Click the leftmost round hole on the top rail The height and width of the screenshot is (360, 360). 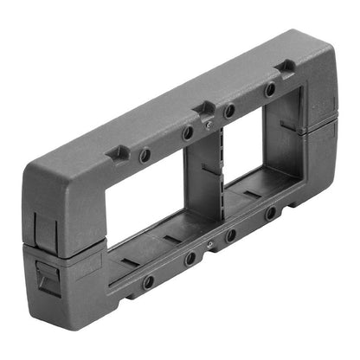pyautogui.click(x=145, y=156)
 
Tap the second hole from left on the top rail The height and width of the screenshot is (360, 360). pyautogui.click(x=188, y=133)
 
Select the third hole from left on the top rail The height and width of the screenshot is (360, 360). pyautogui.click(x=229, y=112)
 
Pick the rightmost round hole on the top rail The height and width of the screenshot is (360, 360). pyautogui.click(x=270, y=89)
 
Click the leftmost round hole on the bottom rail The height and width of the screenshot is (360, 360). pyautogui.click(x=149, y=281)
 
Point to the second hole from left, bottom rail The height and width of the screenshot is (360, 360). pyautogui.click(x=190, y=258)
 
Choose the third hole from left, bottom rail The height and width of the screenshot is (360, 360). pyautogui.click(x=230, y=235)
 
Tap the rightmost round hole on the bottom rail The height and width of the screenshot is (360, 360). pyautogui.click(x=271, y=211)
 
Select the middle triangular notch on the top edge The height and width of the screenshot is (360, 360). pyautogui.click(x=204, y=107)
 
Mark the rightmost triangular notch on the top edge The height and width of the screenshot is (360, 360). pyautogui.click(x=284, y=67)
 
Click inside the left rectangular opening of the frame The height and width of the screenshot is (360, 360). pyautogui.click(x=138, y=208)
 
